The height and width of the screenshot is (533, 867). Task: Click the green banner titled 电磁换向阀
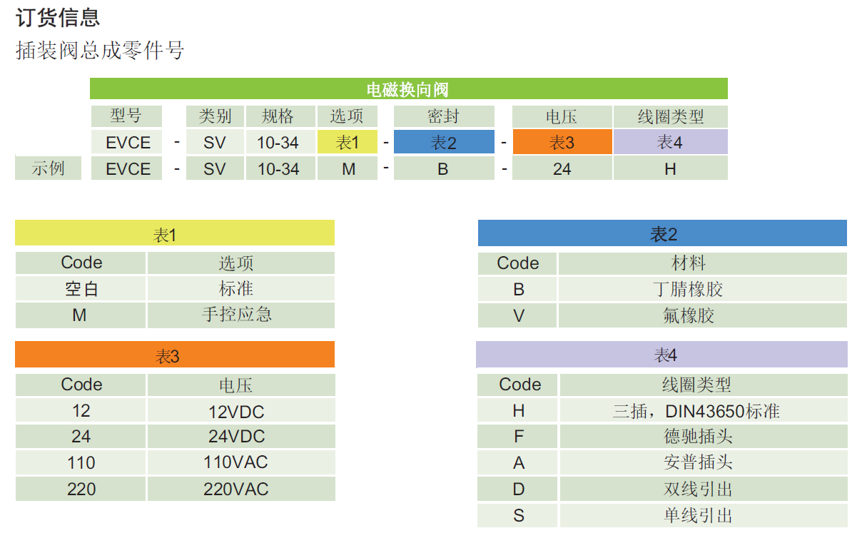click(408, 89)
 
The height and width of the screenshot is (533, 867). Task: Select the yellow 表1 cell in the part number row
click(348, 142)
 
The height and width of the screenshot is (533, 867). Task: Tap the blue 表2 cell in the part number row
click(443, 142)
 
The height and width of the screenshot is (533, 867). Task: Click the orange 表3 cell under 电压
click(562, 142)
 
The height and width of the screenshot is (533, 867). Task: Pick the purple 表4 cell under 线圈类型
click(669, 142)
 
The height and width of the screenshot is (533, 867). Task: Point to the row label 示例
click(48, 169)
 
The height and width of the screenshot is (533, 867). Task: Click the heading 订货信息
click(58, 17)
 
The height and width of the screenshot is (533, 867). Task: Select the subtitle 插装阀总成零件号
click(100, 51)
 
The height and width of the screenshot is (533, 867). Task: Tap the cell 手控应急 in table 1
click(240, 315)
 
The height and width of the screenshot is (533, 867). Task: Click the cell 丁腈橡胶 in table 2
click(702, 289)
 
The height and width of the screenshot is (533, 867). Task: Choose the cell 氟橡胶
click(702, 315)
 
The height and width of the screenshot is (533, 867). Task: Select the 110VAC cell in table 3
click(240, 462)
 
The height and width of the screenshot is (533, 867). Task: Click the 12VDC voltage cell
click(240, 411)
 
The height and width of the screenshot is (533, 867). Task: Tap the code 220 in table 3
click(81, 489)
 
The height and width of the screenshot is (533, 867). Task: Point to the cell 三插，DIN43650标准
click(702, 411)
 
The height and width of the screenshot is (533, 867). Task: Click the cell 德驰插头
click(702, 437)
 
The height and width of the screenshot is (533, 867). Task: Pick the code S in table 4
click(519, 515)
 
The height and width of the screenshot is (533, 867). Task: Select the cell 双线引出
click(702, 489)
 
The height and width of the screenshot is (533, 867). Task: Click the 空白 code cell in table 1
click(81, 289)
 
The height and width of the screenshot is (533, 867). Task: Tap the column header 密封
click(443, 116)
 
